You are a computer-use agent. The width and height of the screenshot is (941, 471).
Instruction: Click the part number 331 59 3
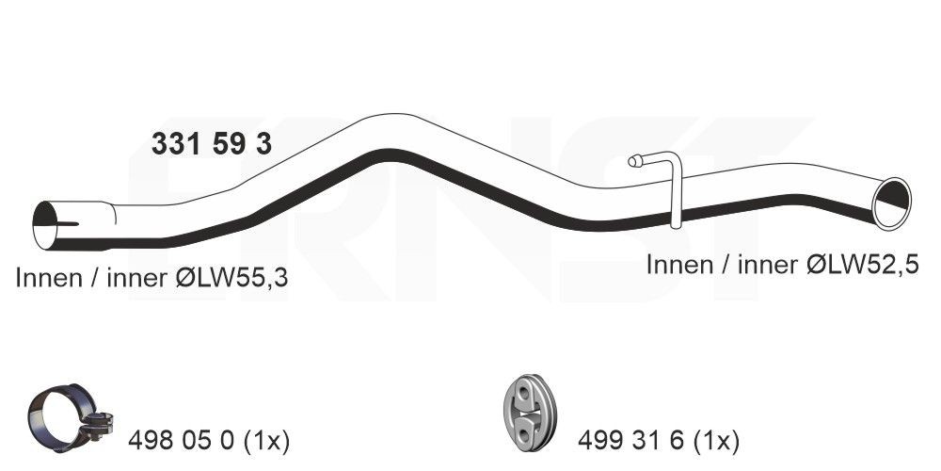[x=211, y=144]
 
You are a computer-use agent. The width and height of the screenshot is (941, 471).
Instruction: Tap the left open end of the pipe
[x=44, y=225]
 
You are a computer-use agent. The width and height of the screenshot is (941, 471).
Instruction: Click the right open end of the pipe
[x=892, y=203]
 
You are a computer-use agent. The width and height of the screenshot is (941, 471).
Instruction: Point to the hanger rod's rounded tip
[x=633, y=161]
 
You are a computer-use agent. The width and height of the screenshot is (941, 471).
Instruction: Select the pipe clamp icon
[x=70, y=417]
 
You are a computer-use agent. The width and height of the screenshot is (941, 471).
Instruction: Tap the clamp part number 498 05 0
[x=181, y=442]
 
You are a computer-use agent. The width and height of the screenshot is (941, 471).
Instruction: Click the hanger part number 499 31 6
[x=630, y=442]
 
